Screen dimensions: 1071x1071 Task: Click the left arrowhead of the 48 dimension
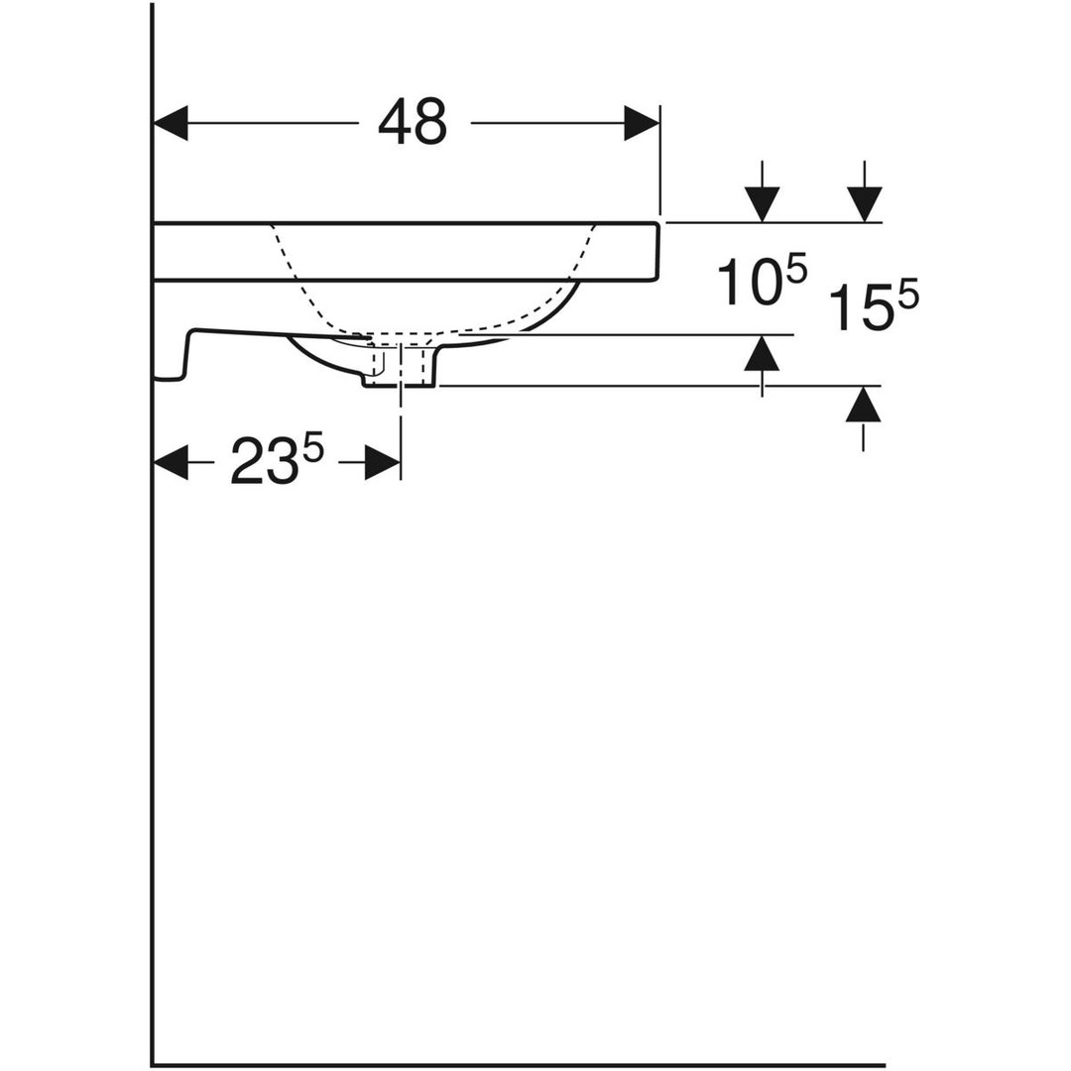click(171, 123)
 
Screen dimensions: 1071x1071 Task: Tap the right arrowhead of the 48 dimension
click(642, 123)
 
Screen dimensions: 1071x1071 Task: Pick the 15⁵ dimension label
click(874, 306)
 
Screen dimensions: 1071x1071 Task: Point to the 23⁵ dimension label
click(276, 460)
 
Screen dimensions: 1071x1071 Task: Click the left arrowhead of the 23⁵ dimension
click(171, 462)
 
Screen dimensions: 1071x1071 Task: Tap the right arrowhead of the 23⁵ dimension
click(383, 462)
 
